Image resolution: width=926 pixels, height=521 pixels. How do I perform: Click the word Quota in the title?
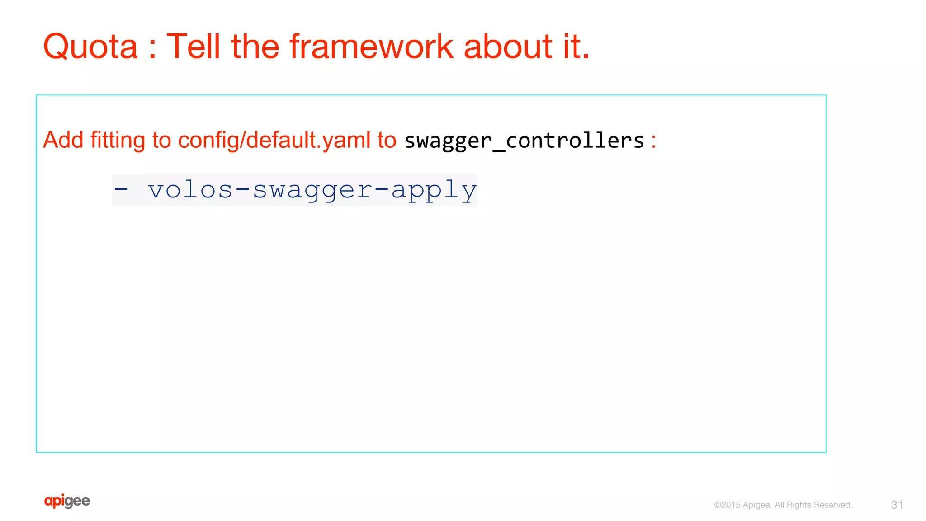tap(90, 47)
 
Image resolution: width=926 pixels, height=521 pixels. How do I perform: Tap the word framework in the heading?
tap(371, 47)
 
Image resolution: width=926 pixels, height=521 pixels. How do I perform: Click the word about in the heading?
tap(507, 47)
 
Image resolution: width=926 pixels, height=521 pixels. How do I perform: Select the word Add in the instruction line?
tap(63, 140)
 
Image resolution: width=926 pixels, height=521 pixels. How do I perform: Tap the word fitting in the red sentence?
tap(118, 140)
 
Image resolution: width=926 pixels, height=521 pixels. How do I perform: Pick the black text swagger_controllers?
tap(524, 141)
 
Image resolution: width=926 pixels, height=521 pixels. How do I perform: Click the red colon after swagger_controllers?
tap(653, 141)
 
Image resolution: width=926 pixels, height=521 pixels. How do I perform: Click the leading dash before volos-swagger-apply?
tap(121, 190)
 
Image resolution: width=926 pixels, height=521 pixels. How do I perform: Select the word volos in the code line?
tap(190, 190)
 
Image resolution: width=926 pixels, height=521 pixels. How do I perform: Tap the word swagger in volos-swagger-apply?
tap(312, 190)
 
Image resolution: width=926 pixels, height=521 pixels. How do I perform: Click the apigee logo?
tap(67, 501)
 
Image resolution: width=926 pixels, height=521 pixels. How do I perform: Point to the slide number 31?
tap(897, 505)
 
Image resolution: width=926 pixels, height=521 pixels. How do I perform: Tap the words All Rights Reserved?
tap(813, 505)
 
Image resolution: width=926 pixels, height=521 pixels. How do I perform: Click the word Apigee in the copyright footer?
tap(757, 505)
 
